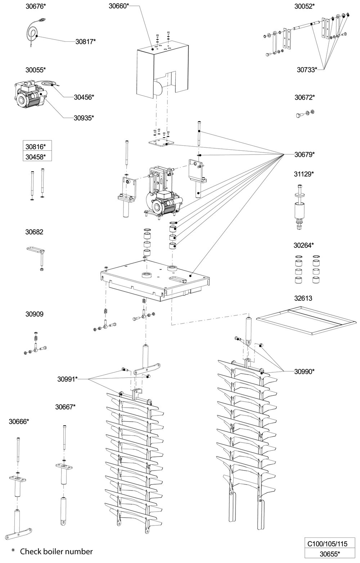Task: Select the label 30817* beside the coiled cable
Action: pos(85,41)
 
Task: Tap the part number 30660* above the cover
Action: pos(118,6)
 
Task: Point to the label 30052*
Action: pos(304,6)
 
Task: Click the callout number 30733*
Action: pos(306,69)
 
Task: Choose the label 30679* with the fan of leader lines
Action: pos(304,155)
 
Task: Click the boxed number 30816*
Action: pos(36,146)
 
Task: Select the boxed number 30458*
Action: pos(36,156)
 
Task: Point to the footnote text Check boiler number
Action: pos(56,551)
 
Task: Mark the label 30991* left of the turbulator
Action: pos(67,379)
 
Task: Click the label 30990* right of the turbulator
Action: pos(305,371)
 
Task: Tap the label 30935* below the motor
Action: pos(84,118)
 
